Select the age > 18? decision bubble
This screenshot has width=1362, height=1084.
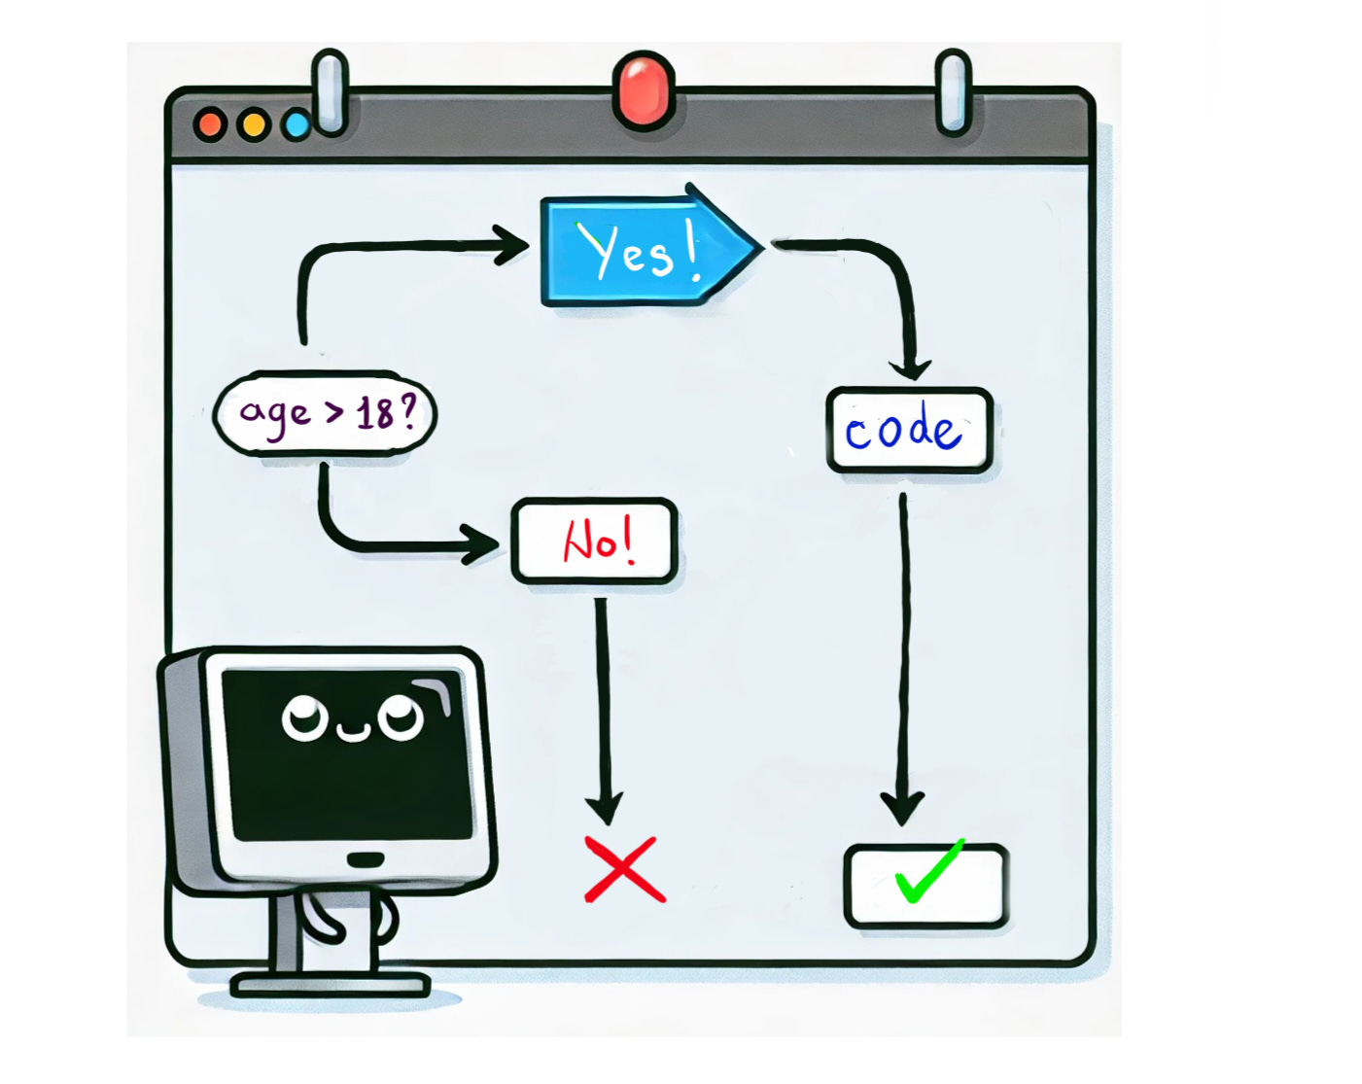coord(325,413)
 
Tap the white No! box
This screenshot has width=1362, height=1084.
coord(594,541)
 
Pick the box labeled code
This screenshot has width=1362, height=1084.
coord(908,431)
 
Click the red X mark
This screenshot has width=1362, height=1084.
coord(625,869)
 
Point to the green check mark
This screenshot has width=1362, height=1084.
coord(928,872)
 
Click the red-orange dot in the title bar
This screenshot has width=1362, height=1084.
coord(210,124)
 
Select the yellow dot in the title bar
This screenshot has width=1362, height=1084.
coord(254,124)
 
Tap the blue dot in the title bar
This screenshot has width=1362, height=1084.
coord(296,125)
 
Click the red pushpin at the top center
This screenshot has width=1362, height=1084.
coord(644,90)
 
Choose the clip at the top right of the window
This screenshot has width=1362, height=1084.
coord(953,92)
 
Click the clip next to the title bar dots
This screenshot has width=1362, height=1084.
coord(331,92)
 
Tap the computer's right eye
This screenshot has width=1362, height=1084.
coord(401,718)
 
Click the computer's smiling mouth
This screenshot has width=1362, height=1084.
coord(353,731)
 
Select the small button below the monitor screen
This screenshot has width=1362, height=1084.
coord(366,859)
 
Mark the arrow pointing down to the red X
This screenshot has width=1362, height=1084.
coord(604,710)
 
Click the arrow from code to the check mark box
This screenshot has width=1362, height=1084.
coord(903,661)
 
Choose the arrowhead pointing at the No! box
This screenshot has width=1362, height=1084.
coord(481,544)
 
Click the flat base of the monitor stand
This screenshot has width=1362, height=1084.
coord(331,985)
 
